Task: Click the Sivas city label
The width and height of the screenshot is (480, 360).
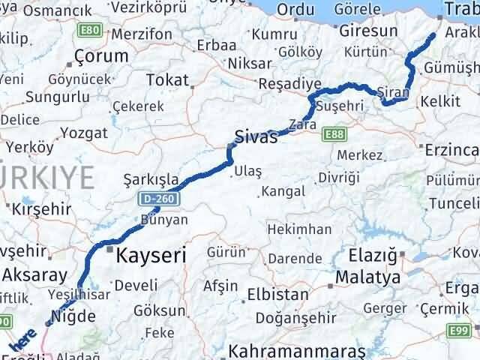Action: coord(256,137)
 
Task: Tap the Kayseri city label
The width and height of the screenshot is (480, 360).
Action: coord(151,255)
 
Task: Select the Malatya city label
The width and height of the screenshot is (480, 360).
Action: coord(368,277)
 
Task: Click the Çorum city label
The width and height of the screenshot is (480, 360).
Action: coord(101,56)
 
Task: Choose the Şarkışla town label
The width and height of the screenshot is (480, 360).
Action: coord(152,179)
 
